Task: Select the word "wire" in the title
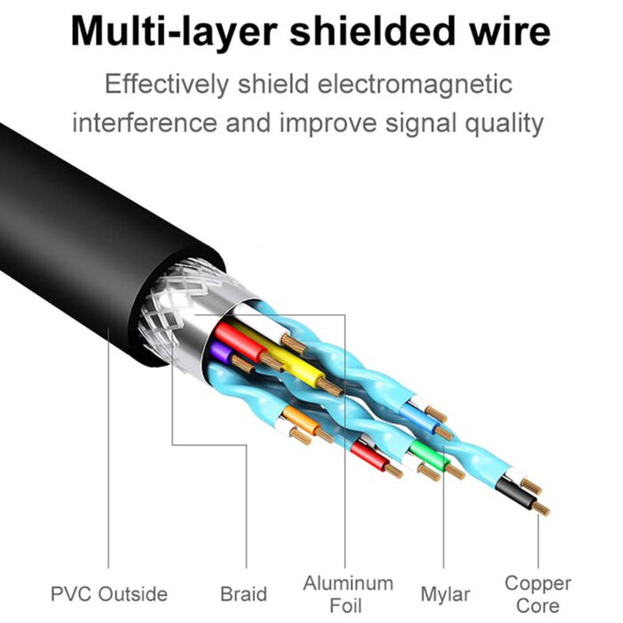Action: (507, 32)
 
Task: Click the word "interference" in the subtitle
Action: (145, 122)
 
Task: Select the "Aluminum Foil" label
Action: (348, 595)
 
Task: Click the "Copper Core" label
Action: (538, 595)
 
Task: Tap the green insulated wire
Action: (425, 448)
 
